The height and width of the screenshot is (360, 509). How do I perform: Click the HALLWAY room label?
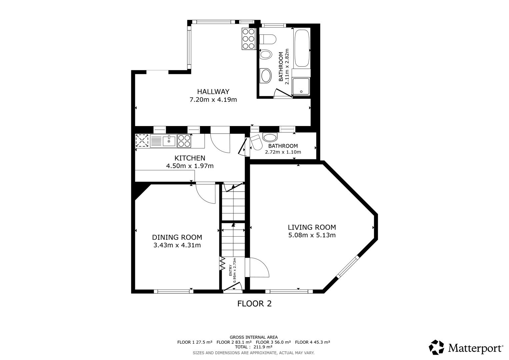[x=213, y=92]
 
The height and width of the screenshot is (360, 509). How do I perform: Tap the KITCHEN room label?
[x=190, y=158]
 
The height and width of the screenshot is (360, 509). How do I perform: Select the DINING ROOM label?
[x=177, y=237]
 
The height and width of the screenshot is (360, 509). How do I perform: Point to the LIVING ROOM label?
[x=312, y=227]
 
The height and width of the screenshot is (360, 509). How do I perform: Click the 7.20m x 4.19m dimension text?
[x=213, y=100]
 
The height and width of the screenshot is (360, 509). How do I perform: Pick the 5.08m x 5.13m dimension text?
[x=312, y=235]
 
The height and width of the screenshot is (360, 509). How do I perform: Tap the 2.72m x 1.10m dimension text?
[x=283, y=152]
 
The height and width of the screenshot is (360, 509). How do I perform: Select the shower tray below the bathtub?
[x=301, y=86]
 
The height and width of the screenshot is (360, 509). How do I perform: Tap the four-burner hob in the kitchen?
[x=184, y=141]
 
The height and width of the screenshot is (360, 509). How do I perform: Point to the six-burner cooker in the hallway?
[x=248, y=39]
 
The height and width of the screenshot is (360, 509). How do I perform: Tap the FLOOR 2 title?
[x=255, y=304]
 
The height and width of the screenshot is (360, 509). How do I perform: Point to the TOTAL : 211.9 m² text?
[x=254, y=347]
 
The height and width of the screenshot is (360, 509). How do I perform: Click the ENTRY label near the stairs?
[x=230, y=270]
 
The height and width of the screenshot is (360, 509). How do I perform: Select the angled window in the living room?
[x=348, y=267]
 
